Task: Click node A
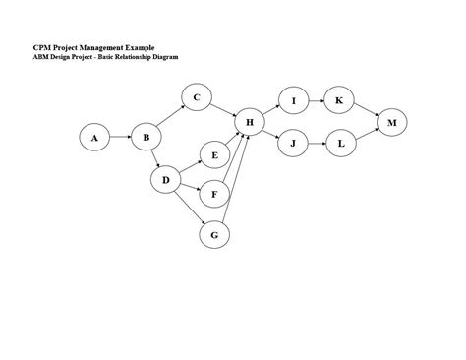coord(95,139)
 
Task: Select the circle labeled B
coord(146,139)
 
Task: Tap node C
coord(197,96)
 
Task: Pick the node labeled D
coord(166,180)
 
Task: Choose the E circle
coord(214,155)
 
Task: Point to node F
coord(214,194)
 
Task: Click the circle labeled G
coord(214,235)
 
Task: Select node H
coord(250,123)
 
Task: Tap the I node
coord(293,101)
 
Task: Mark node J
coord(293,144)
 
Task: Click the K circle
coord(339,101)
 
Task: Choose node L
coord(340,144)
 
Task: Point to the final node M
coord(392,123)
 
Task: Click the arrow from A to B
coord(120,139)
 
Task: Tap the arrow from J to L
coord(317,144)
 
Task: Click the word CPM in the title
coord(42,48)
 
